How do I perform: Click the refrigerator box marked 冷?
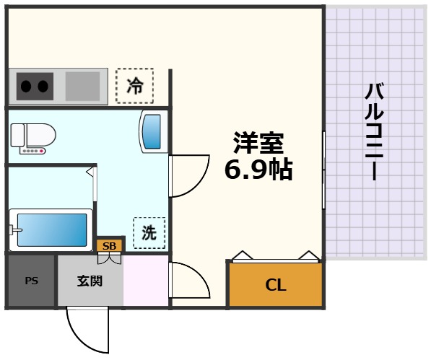(135, 87)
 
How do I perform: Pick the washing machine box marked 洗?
(149, 232)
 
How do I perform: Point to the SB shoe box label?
(109, 245)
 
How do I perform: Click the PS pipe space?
(32, 281)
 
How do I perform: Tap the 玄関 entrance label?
(90, 281)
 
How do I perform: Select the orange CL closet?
(274, 284)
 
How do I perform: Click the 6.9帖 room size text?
(258, 170)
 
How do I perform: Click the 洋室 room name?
(258, 141)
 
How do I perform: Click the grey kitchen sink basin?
(83, 87)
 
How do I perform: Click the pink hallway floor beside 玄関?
(146, 281)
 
